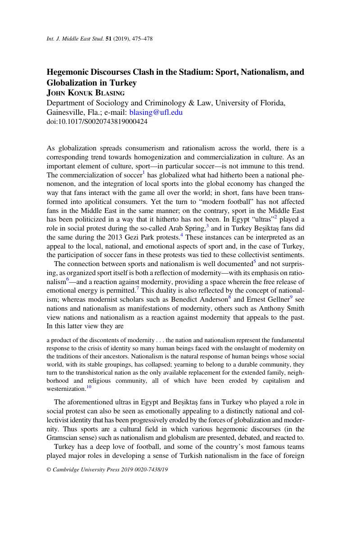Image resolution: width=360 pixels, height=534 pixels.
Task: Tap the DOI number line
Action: [x=97, y=122]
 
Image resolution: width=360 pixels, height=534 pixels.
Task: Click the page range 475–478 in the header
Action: [x=142, y=39]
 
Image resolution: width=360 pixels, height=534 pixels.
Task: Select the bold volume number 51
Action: [x=108, y=39]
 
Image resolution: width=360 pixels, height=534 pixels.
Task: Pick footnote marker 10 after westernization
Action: [x=89, y=387]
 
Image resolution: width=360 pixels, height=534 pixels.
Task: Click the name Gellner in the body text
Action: [x=274, y=299]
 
